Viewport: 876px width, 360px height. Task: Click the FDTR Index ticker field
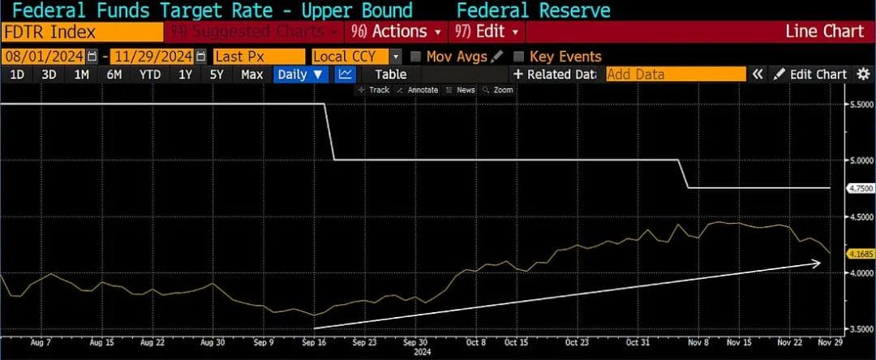point(81,32)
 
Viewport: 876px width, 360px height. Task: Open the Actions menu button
point(397,32)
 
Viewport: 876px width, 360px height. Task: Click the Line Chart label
point(825,32)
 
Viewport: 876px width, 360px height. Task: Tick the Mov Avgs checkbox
point(416,57)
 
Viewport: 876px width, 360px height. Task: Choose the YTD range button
point(149,75)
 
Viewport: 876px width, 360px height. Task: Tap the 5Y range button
point(217,75)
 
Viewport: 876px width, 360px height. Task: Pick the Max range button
point(252,75)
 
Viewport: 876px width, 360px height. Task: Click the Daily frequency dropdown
point(301,75)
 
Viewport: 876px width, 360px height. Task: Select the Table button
point(390,75)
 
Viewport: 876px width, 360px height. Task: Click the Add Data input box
point(676,75)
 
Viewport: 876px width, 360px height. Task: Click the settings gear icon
point(863,75)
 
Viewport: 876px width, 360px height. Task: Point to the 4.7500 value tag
point(858,188)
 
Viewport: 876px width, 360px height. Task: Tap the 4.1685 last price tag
point(858,254)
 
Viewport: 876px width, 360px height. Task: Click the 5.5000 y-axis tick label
point(858,105)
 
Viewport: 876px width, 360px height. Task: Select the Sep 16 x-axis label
point(314,342)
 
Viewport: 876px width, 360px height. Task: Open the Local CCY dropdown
point(357,57)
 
